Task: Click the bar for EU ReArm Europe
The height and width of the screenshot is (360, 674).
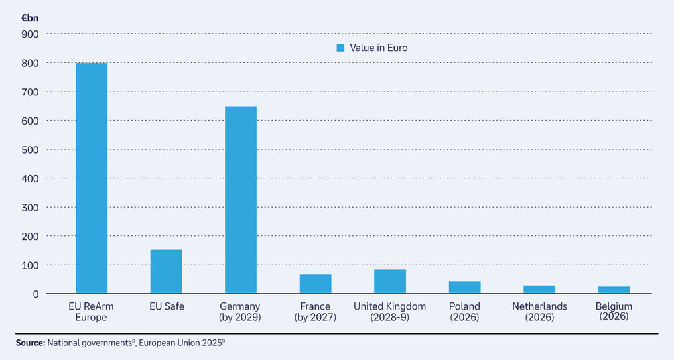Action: pos(92,178)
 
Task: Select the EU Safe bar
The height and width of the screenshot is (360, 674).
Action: pos(166,271)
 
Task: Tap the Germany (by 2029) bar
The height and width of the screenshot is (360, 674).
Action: pos(241,200)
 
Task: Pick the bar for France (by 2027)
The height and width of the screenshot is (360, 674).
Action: pos(315,284)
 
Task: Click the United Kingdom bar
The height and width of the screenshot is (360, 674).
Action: pos(390,281)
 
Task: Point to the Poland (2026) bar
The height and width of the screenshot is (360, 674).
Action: pos(464,287)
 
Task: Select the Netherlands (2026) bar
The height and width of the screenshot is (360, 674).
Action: pos(539,289)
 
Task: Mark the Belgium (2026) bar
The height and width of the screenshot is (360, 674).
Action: pos(614,290)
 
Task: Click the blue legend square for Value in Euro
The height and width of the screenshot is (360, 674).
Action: pos(341,48)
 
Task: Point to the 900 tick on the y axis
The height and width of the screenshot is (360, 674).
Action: pos(31,34)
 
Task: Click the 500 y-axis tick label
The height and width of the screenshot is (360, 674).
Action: pos(31,149)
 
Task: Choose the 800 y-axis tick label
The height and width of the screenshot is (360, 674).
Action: pos(31,63)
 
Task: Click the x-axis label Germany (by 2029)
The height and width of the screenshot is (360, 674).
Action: pos(240,312)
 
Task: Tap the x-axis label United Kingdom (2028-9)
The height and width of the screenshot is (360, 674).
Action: pos(389,312)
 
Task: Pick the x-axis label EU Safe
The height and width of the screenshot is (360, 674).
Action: pos(166,306)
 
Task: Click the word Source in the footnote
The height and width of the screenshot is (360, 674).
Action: pos(30,343)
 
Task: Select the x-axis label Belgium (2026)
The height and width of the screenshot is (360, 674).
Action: pos(614,311)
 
